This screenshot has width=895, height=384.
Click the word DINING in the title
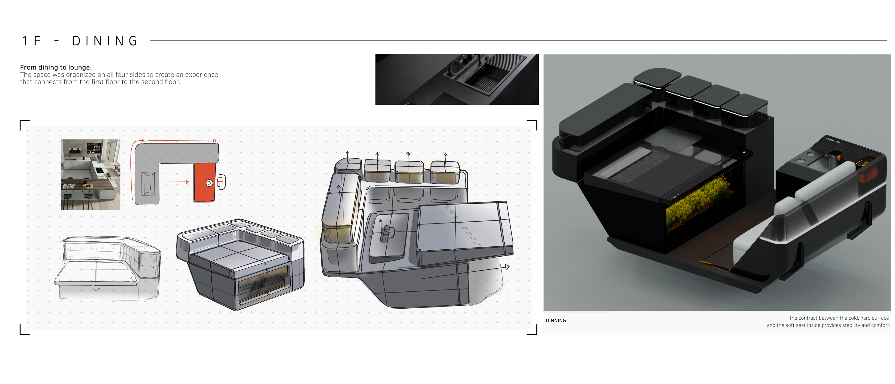pos(105,41)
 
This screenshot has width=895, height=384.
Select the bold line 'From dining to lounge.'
pos(56,67)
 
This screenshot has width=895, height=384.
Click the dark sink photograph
pos(457,79)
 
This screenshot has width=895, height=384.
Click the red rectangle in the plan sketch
pos(204,182)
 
